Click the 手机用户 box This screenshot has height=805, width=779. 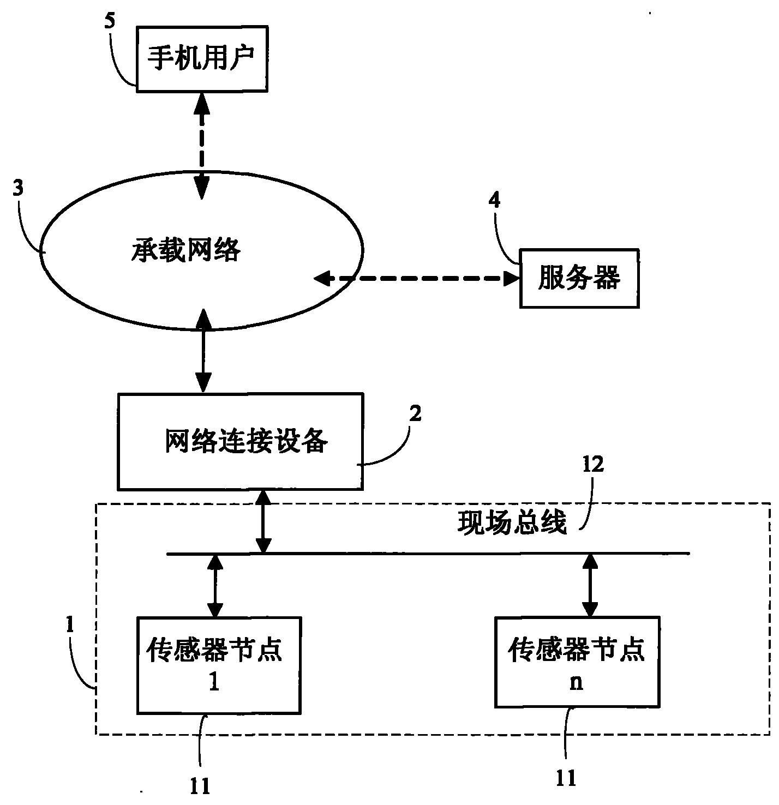pos(201,58)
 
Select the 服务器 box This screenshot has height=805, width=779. pos(579,279)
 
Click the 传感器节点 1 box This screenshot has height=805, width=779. pos(218,665)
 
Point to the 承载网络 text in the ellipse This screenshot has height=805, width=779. pos(185,251)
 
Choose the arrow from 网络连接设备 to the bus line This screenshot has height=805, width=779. pos(263,521)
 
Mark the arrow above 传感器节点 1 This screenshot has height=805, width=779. pos(215,585)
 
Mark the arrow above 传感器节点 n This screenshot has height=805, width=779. pos(590,585)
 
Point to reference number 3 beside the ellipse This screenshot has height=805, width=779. pos(18,189)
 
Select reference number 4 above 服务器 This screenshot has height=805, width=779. pos(494,200)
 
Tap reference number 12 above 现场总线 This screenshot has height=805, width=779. pos(593,465)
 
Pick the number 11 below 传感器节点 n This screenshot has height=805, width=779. pos(566,779)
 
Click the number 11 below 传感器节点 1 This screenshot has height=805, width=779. pos(200,786)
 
